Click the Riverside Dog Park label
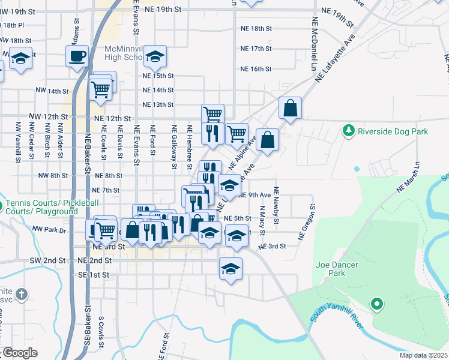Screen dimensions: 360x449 point(393,131)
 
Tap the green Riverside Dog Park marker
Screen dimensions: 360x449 point(348,130)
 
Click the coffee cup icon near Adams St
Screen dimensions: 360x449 point(77,57)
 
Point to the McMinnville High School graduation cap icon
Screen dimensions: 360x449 point(155,57)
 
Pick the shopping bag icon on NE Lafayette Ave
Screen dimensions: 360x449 point(290,109)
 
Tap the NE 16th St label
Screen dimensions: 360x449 point(256,69)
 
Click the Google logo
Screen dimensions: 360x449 point(19,353)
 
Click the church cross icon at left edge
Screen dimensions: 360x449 point(21,294)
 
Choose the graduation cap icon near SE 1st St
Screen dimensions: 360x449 point(231,269)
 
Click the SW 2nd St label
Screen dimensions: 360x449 point(47,261)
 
